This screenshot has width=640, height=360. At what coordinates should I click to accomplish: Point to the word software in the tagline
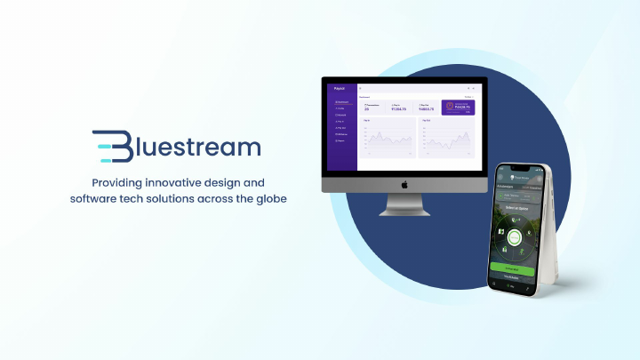click(96, 198)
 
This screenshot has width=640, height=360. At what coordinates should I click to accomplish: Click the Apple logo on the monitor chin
click(404, 184)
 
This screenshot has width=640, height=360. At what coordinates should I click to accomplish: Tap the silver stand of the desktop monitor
click(404, 205)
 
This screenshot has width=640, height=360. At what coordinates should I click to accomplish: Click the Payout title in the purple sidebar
click(339, 88)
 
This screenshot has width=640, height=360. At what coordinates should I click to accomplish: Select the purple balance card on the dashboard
click(458, 108)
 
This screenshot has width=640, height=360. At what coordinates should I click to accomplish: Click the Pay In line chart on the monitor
click(387, 139)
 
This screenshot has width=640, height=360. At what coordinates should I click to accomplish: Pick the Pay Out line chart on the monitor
click(446, 139)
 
